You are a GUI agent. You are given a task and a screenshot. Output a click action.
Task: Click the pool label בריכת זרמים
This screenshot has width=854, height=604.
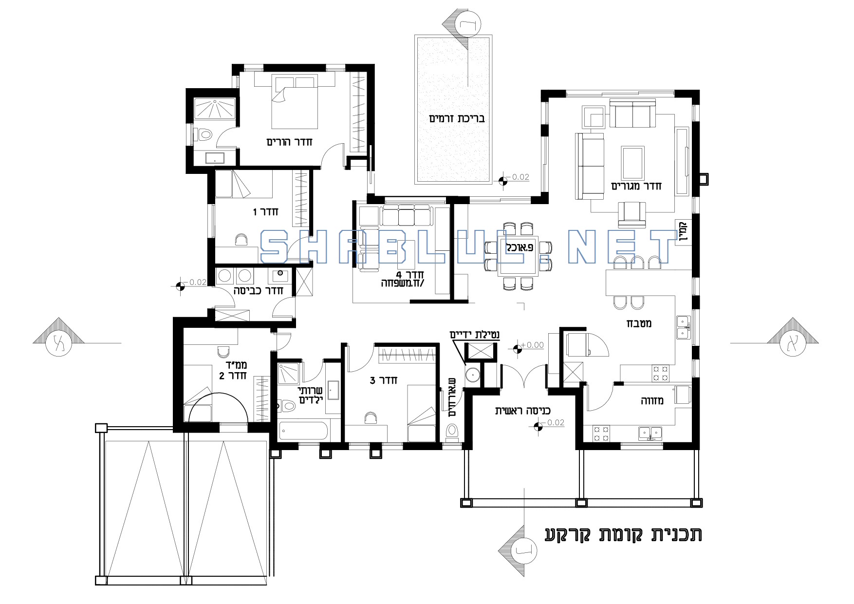click(457, 119)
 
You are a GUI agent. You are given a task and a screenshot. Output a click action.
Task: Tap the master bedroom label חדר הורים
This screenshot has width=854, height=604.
click(289, 142)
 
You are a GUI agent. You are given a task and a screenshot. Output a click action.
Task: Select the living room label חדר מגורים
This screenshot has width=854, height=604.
click(636, 186)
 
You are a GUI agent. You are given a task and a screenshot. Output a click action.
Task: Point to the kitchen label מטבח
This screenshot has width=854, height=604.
click(639, 323)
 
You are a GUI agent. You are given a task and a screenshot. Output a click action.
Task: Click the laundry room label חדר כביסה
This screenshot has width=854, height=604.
click(259, 291)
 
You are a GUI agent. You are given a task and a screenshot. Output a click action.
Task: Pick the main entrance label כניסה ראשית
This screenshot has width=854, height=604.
click(523, 411)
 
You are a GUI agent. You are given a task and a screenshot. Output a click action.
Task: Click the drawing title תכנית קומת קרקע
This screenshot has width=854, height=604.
click(624, 534)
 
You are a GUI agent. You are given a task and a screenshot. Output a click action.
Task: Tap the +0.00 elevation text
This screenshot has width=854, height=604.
click(533, 345)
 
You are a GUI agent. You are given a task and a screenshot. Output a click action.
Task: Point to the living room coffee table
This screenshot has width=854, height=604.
click(632, 163)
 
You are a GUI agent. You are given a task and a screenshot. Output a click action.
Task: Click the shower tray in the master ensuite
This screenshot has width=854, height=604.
click(215, 109)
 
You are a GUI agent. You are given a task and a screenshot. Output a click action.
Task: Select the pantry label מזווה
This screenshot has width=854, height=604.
click(652, 401)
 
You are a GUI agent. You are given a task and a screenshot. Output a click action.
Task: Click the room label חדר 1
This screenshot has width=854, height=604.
click(265, 212)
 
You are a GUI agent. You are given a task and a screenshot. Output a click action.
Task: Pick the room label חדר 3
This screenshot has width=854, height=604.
click(383, 380)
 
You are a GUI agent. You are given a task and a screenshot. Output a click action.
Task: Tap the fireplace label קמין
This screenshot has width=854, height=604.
click(683, 231)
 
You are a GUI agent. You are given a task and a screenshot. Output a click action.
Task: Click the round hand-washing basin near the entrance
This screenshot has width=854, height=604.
click(471, 376)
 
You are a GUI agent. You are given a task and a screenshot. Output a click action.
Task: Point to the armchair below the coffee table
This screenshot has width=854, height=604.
click(632, 215)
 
